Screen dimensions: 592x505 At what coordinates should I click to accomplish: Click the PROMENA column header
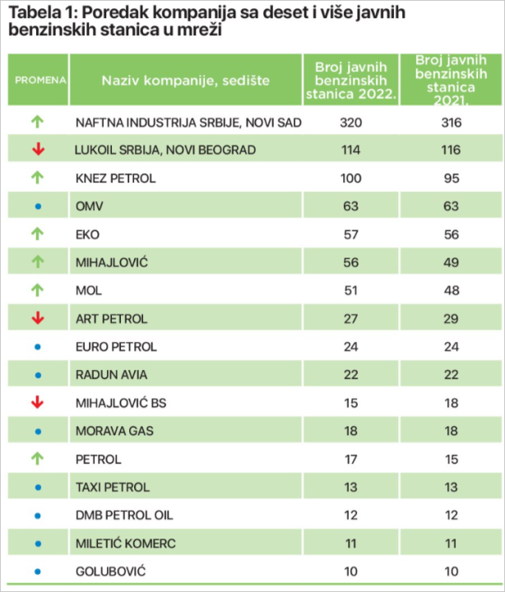coord(39,80)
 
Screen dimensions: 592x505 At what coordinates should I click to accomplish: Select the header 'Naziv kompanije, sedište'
coord(186,80)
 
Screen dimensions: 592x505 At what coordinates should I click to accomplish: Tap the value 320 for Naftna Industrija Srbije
coord(350,123)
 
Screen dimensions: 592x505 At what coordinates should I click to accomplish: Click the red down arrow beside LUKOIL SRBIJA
coord(38,150)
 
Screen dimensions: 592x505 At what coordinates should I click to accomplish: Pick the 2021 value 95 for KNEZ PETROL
coord(450,178)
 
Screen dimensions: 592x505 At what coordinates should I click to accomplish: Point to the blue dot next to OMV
coord(38,206)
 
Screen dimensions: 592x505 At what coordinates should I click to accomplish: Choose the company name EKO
coord(87,234)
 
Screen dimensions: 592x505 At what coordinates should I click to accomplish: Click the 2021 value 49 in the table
coord(450,262)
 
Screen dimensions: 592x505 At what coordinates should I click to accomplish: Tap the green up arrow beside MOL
coord(38,290)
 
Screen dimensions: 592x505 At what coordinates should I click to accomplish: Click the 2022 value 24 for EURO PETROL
coord(350,346)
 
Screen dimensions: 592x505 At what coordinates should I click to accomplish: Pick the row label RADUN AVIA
coord(110,374)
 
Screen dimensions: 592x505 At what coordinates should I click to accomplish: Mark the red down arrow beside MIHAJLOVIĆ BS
coord(38,402)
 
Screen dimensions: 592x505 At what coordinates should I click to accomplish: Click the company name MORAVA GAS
coord(114,431)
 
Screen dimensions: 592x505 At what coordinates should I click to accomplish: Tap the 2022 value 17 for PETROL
coord(350,459)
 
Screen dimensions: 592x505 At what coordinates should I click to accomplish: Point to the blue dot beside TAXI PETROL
coord(38,487)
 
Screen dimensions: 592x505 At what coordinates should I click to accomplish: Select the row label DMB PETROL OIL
coord(124,515)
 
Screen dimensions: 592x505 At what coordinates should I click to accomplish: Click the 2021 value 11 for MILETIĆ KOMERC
coord(450,543)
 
